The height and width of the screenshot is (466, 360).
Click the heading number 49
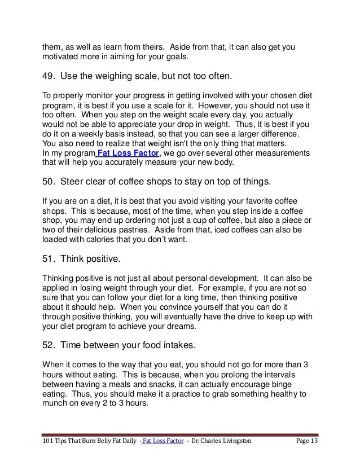click(49, 75)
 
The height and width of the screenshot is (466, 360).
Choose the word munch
click(56, 403)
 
